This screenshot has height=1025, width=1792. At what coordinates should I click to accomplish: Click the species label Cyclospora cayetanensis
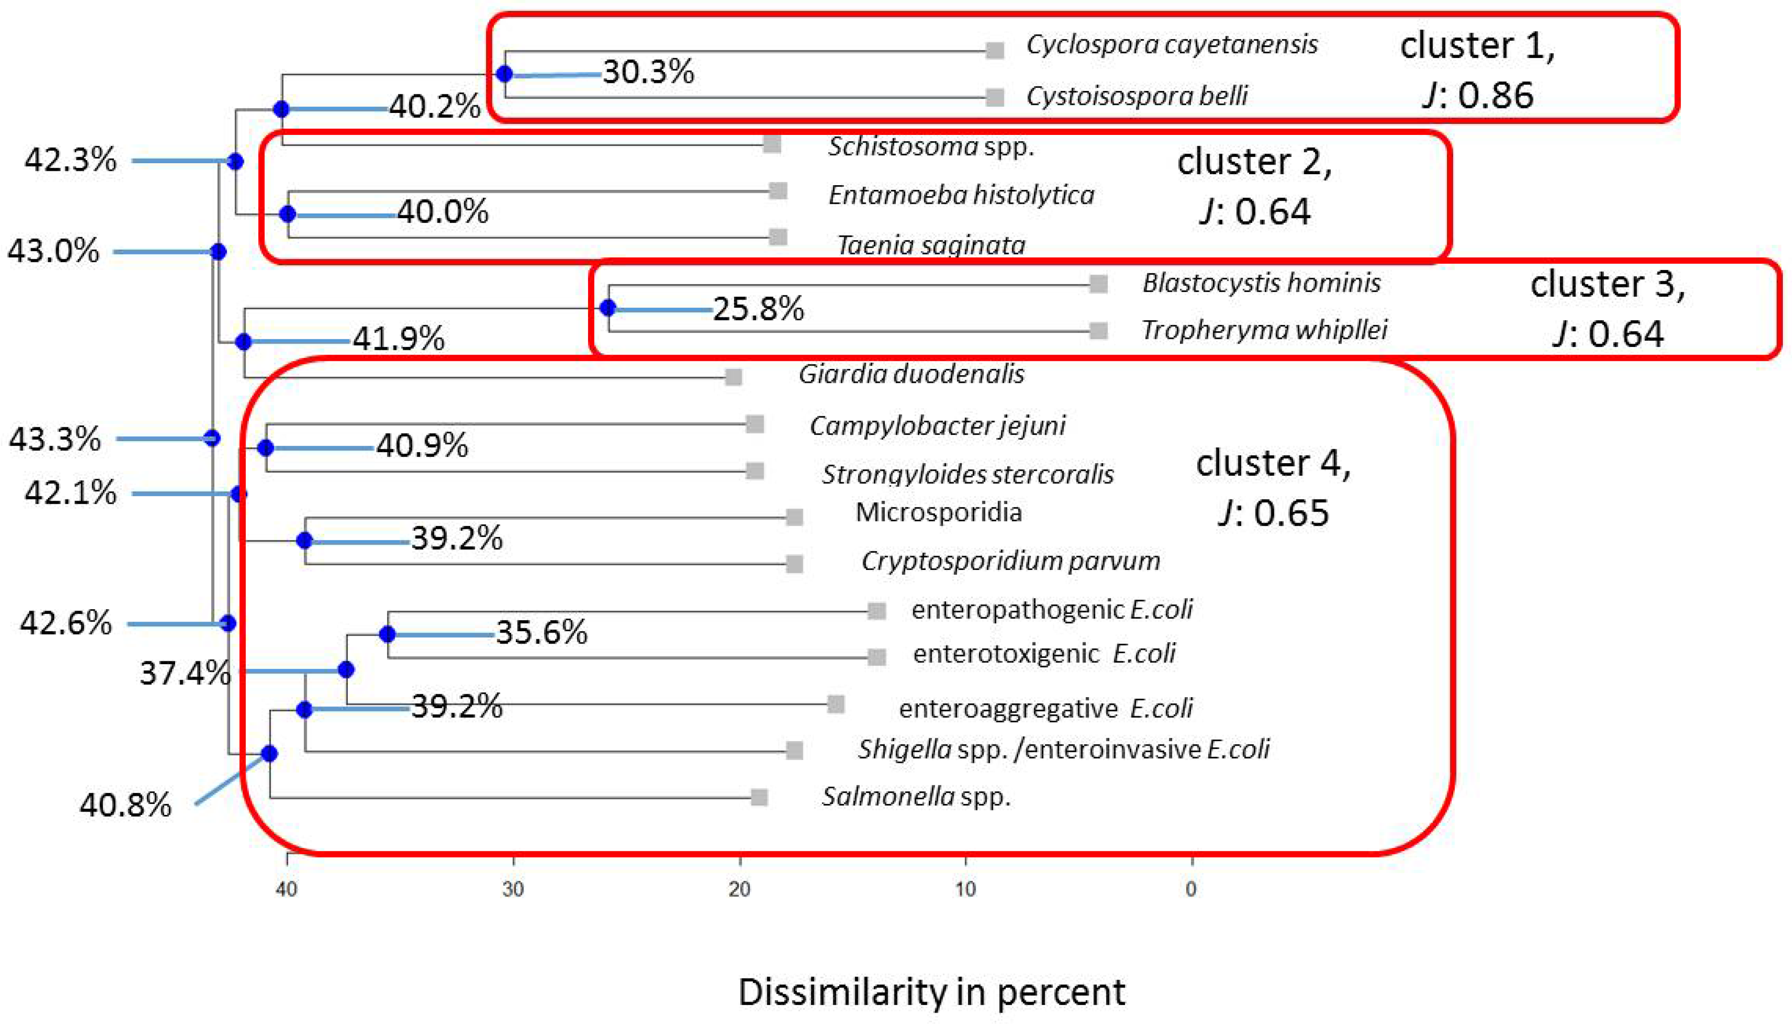(1171, 45)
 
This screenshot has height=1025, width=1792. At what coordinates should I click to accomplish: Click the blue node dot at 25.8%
(608, 308)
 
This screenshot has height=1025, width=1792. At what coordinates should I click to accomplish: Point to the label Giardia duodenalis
(911, 374)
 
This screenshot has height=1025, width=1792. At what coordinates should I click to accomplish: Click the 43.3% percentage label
(55, 439)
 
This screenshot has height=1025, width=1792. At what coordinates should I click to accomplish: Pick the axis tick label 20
(739, 889)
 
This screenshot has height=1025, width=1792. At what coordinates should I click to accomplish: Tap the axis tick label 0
(1191, 889)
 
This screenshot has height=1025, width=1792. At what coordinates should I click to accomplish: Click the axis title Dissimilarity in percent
(931, 992)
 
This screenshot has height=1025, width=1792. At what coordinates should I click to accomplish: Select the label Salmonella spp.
(916, 796)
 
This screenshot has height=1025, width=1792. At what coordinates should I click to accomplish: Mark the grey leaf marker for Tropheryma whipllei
(1098, 330)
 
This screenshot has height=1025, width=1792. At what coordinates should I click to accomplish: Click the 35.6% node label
(541, 632)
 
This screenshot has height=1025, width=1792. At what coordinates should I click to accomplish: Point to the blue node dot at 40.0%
(287, 214)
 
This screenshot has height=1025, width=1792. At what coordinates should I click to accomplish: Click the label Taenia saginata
(931, 245)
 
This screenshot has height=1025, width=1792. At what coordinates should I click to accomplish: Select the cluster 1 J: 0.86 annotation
(1477, 70)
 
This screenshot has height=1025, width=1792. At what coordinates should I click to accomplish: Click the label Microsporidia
(938, 512)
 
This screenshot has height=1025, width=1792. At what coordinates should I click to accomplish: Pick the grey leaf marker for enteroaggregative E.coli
(835, 704)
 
